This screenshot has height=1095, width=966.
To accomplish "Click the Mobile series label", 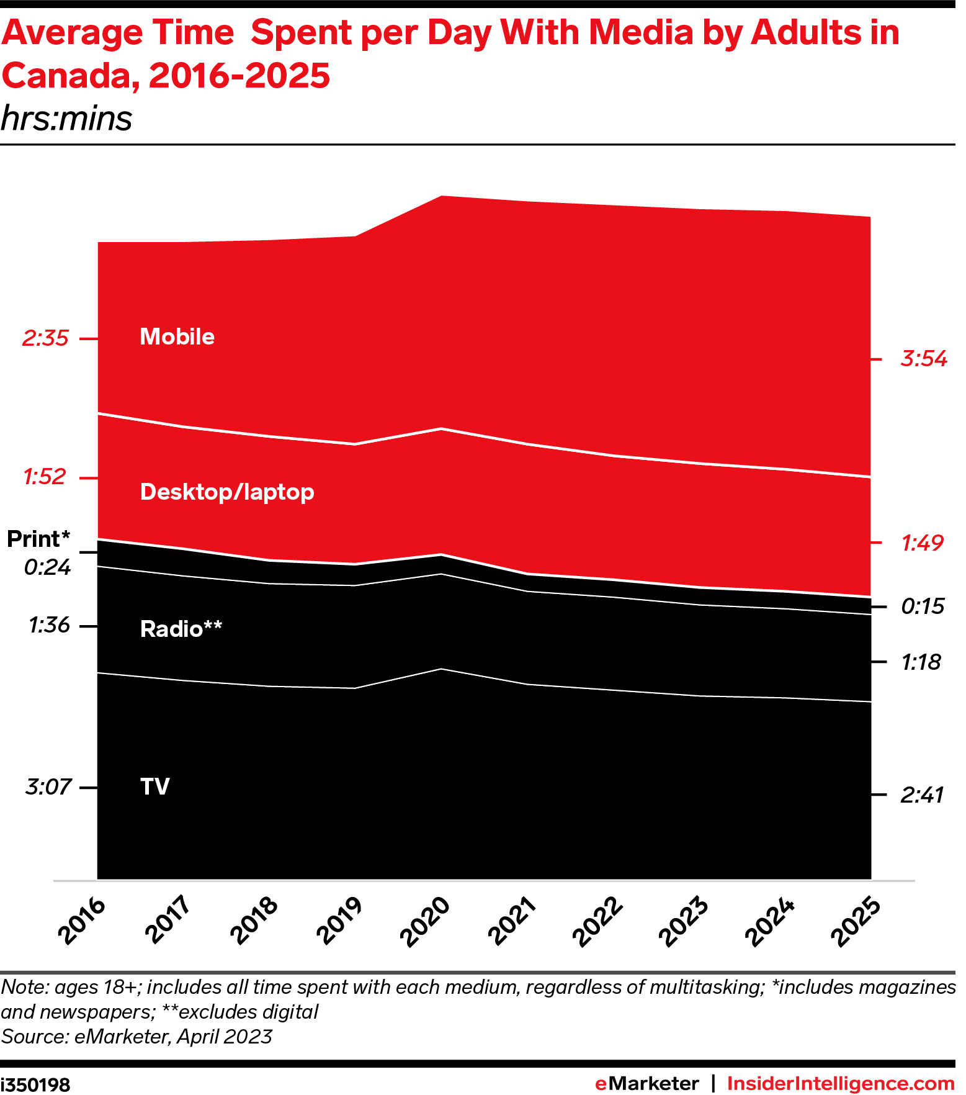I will tap(177, 336).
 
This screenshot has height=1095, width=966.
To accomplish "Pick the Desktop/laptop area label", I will tap(227, 492).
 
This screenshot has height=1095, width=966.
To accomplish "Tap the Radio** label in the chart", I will tap(181, 629).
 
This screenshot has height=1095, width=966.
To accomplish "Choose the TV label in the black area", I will tap(155, 786).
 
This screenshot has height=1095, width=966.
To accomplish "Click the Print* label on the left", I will tap(38, 539).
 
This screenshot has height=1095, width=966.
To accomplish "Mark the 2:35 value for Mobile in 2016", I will tap(45, 338).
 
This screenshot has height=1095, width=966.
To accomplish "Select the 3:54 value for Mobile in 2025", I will tap(924, 359).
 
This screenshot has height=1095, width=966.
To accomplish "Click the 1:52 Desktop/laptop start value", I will tap(45, 477).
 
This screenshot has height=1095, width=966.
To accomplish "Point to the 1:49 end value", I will tap(923, 543).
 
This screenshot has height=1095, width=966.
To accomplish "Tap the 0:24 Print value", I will tap(48, 567).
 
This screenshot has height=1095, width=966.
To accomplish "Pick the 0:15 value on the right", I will tap(923, 606).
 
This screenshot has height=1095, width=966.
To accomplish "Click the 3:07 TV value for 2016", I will tap(48, 787).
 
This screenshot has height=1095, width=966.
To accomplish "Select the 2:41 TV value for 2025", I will tap(922, 795).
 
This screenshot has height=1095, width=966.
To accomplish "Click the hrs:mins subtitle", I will tap(67, 118).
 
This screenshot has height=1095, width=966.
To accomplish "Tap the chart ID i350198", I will tap(35, 1084).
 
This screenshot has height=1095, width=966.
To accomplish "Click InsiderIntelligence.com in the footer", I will tap(841, 1083).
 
